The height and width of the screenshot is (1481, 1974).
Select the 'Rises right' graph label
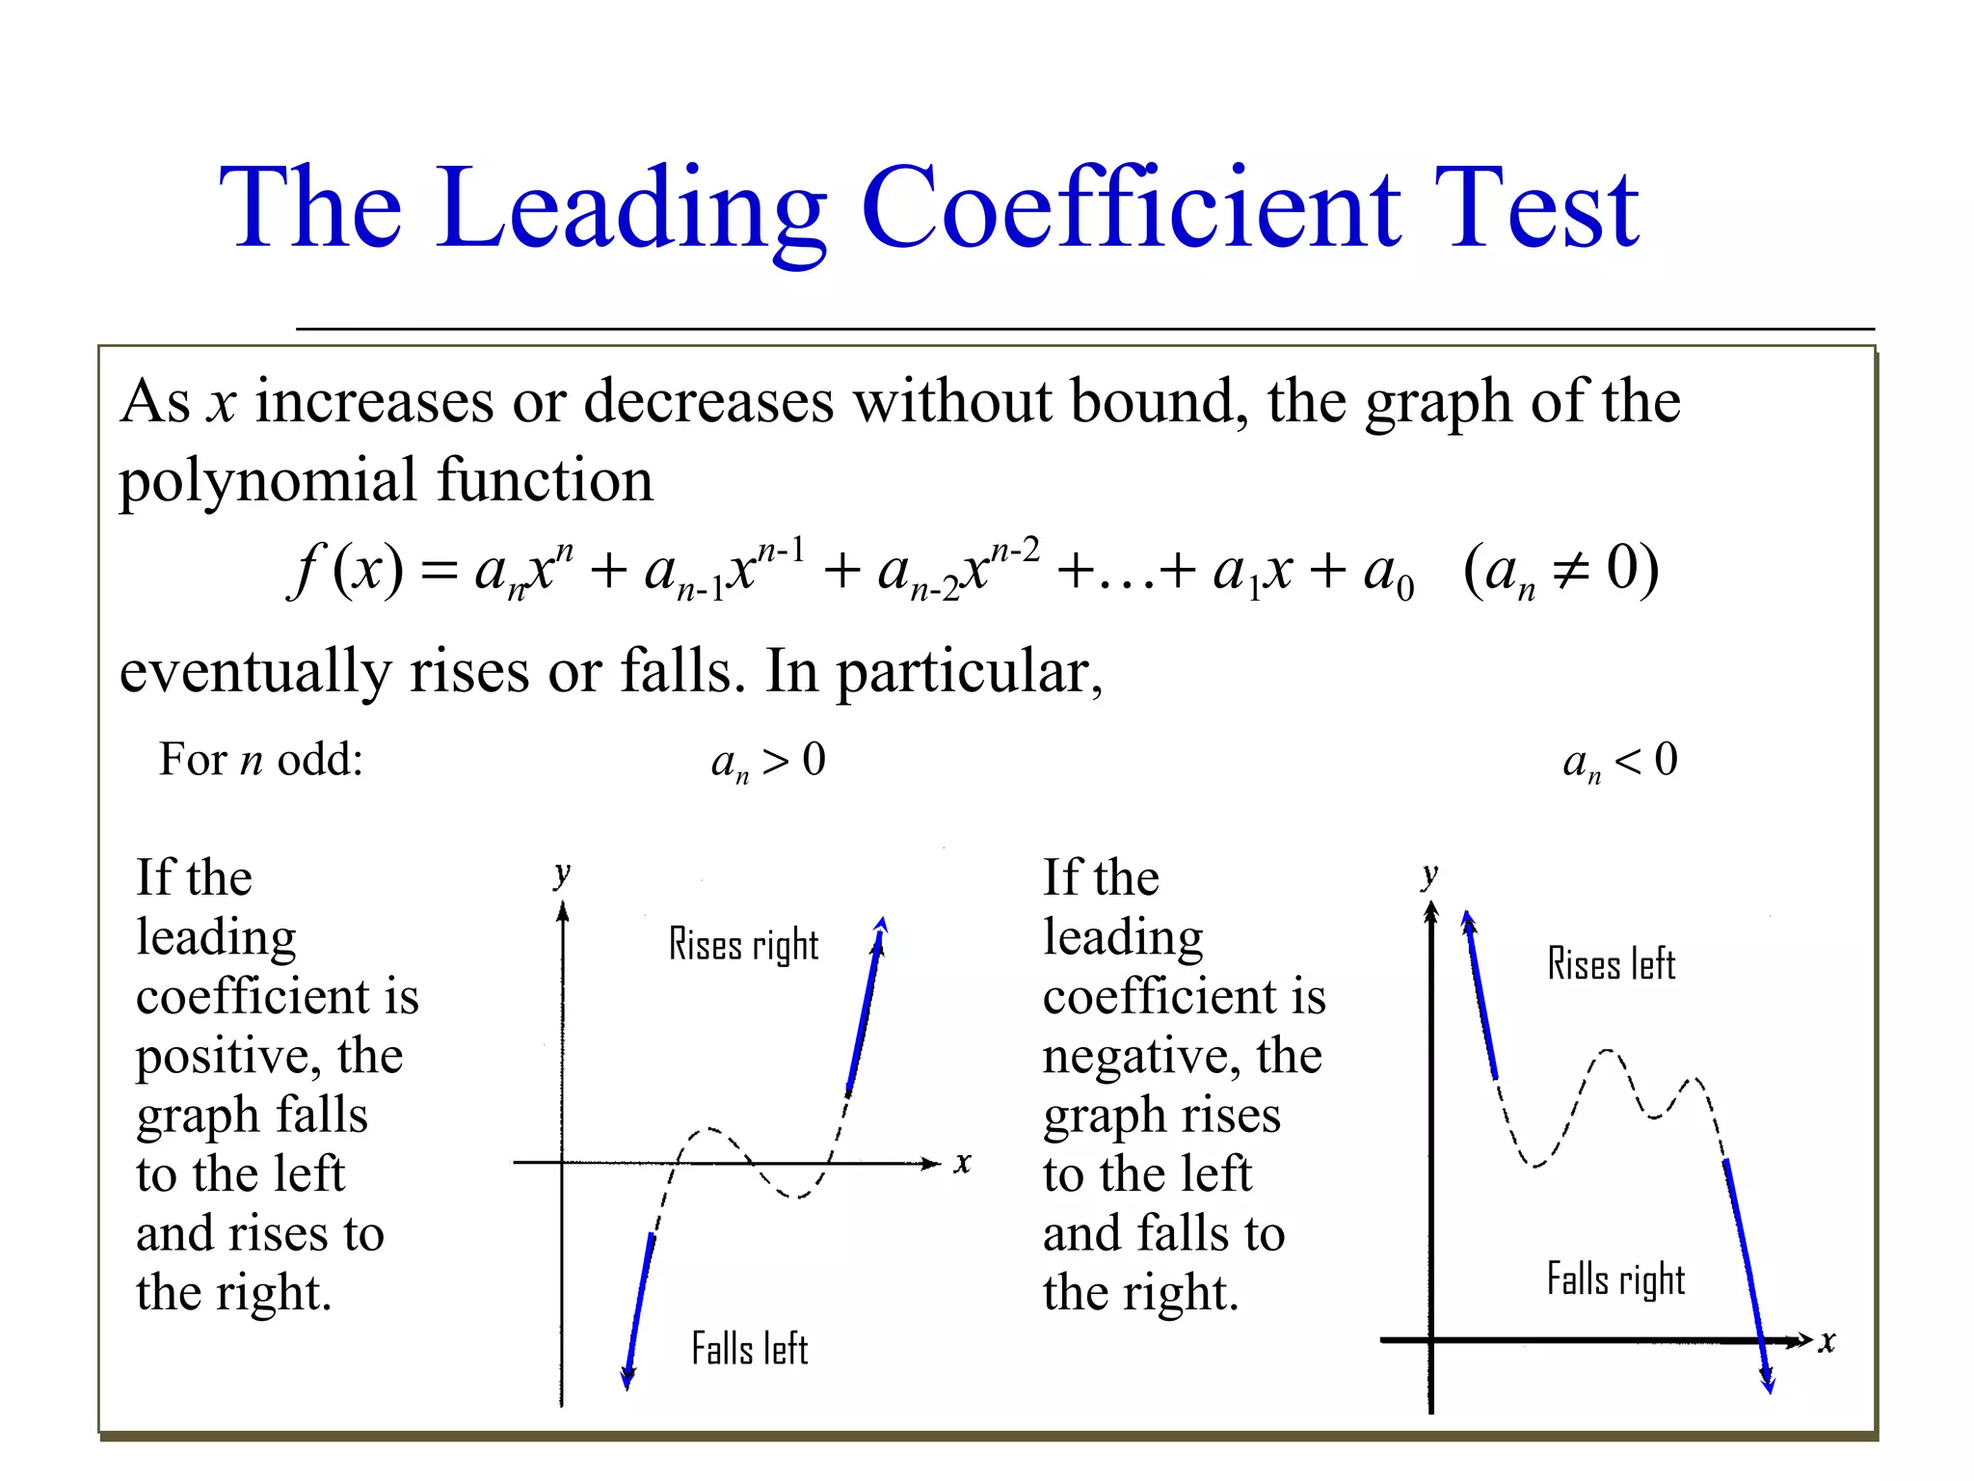743,945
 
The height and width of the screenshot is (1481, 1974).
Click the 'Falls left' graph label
749,1349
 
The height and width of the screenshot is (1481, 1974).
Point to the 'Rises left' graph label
1611,964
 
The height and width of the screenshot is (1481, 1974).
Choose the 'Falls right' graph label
1615,1279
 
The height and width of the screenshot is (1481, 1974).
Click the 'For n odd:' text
260,760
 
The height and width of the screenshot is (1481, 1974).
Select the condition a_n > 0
768,762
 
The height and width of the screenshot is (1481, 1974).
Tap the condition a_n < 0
1619,762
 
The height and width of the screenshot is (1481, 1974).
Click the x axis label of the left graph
962,1163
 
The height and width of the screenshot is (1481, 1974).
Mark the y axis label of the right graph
1429,875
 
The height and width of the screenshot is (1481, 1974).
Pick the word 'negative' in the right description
1140,1056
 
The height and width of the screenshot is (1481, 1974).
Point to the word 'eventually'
254,672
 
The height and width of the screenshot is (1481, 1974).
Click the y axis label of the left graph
562,875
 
